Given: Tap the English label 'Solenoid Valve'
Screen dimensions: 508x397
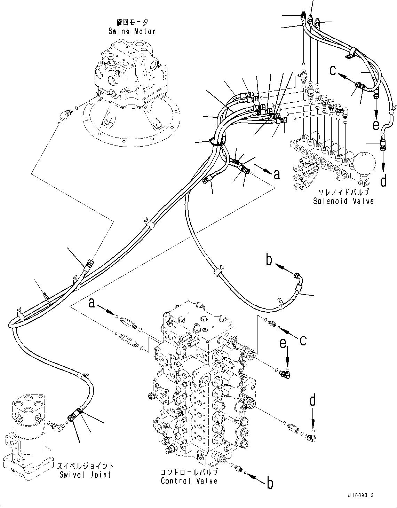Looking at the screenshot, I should pyautogui.click(x=343, y=201).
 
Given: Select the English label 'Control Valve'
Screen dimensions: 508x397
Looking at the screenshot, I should pyautogui.click(x=189, y=481).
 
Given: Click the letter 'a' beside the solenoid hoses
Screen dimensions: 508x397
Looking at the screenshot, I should pyautogui.click(x=277, y=174).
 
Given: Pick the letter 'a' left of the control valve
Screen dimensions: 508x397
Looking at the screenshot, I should pyautogui.click(x=92, y=304).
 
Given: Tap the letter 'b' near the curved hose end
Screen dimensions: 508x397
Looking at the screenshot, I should pyautogui.click(x=269, y=260).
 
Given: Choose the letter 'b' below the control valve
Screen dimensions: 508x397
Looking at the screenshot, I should pyautogui.click(x=270, y=483).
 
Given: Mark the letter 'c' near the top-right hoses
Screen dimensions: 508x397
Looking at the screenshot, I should pyautogui.click(x=333, y=71).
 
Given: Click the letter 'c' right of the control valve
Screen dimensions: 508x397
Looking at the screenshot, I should pyautogui.click(x=303, y=340).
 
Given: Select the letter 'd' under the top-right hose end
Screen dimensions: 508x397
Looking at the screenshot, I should pyautogui.click(x=383, y=181).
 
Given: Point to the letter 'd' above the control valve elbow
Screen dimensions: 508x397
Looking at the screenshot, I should pyautogui.click(x=313, y=400).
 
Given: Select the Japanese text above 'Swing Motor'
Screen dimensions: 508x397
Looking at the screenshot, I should pyautogui.click(x=132, y=23).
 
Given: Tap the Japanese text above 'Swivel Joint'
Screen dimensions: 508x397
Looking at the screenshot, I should pyautogui.click(x=85, y=466).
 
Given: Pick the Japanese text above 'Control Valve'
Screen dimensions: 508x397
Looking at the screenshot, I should pyautogui.click(x=189, y=472).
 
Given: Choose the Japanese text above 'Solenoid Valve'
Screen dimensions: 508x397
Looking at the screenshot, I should pyautogui.click(x=343, y=193).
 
